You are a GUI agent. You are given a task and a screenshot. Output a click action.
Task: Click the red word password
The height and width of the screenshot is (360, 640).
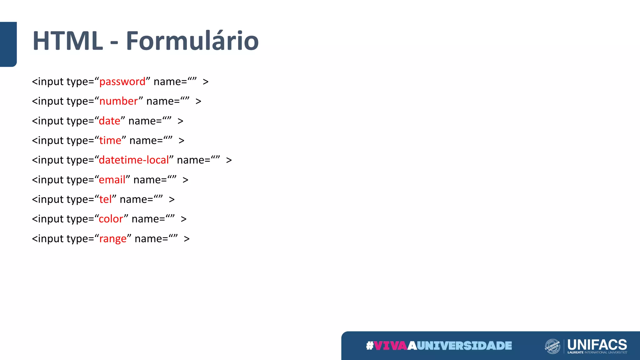pos(122,82)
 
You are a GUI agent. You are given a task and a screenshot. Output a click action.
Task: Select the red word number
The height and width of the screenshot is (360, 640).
pos(118,102)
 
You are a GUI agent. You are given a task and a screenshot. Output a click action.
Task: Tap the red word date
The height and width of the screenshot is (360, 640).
pos(109,121)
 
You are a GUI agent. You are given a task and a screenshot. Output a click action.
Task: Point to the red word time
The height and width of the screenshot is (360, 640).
pos(110,141)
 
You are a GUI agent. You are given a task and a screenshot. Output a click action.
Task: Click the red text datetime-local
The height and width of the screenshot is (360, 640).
pos(134,160)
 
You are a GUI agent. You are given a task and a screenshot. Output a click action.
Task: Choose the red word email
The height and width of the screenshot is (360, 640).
pos(112,180)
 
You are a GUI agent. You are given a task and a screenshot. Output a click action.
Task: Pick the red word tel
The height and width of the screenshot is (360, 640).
pos(105,199)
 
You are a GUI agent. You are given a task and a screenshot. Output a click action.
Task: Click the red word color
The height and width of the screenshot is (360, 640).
pos(111,219)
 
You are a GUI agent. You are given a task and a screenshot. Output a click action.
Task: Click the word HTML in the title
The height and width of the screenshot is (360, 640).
pos(68,41)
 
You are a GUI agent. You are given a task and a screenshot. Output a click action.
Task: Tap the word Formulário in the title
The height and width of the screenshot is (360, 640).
pos(192,41)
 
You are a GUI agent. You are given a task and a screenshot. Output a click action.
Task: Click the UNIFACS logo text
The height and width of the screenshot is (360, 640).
pos(597,345)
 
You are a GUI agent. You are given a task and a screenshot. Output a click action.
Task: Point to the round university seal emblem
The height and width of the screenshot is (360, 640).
pos(552,346)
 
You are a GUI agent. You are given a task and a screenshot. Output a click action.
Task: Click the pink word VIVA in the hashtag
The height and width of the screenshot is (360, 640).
pos(390,346)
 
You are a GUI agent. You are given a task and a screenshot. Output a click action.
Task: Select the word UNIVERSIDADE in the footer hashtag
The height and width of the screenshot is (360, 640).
pos(464,346)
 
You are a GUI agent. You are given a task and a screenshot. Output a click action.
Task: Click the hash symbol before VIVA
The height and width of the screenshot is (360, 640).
pos(370,346)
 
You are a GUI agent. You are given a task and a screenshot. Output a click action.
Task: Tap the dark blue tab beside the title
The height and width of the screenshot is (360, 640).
pos(8,44)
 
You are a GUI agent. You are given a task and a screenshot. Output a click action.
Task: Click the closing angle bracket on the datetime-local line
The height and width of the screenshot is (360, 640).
pos(229,160)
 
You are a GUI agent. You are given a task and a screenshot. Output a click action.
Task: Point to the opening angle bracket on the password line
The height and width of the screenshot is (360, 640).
pos(35,82)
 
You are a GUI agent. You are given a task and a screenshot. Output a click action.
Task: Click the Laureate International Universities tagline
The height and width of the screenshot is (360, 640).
pos(597,352)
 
